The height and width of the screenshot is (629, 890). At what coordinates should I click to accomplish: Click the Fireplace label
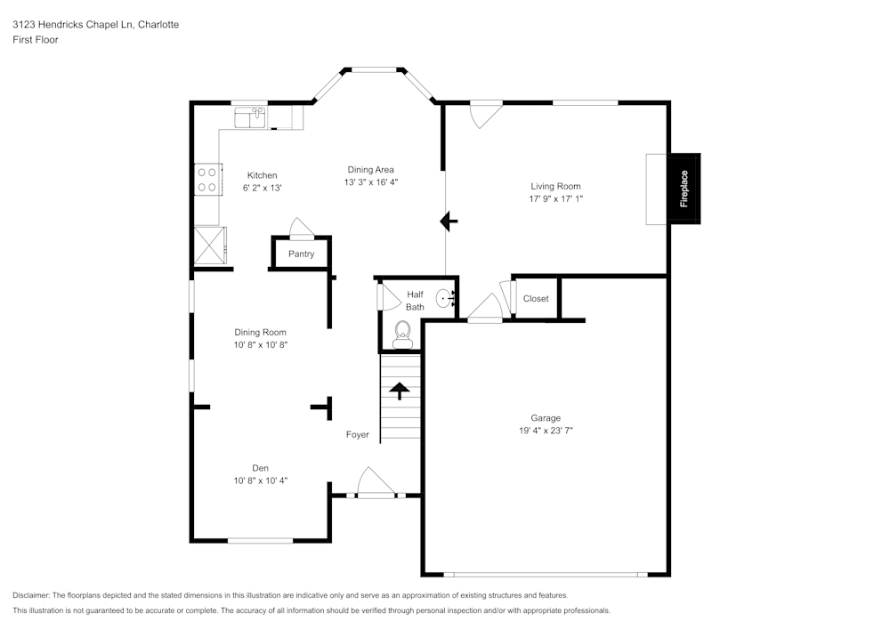point(684,189)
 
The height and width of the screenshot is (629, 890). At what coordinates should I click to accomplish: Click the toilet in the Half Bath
point(402,337)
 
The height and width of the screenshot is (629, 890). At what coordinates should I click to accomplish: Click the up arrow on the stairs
point(399,391)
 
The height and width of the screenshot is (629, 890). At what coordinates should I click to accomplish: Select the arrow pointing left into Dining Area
point(449,222)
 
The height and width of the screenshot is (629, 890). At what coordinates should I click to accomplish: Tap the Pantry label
point(301,254)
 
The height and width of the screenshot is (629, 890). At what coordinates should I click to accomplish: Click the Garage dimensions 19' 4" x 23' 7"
point(546,430)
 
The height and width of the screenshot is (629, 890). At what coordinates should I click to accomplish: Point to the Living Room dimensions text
point(555,198)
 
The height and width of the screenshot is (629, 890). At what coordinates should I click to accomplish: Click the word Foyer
point(358,435)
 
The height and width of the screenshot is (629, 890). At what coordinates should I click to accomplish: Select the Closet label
point(536,299)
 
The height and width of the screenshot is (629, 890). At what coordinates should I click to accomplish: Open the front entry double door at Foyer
point(375,484)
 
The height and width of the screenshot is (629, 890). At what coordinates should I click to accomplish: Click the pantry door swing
point(301,230)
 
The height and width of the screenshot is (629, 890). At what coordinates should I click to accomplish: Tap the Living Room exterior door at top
point(486,114)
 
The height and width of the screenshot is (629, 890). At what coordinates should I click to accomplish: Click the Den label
point(260,468)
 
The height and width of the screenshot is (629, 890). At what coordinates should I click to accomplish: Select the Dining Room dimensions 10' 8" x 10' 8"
point(260,344)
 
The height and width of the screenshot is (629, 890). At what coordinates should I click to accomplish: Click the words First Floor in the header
point(36,40)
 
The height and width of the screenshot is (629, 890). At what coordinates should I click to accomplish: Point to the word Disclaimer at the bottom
point(32,595)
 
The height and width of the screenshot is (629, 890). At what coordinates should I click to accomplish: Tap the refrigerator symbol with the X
point(210,245)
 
